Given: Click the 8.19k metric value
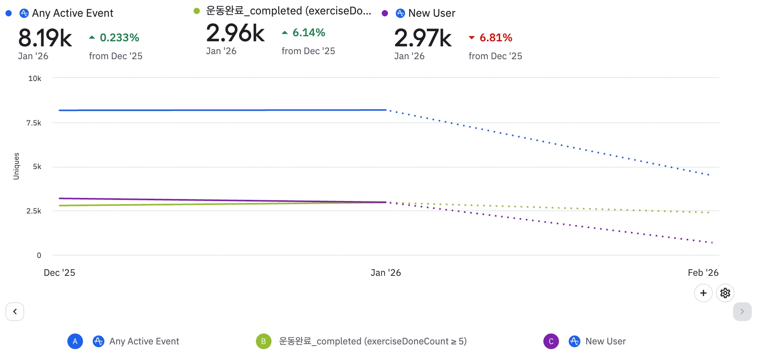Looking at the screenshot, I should (x=45, y=38).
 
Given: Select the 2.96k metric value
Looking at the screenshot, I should (x=235, y=33).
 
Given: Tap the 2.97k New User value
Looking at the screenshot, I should (x=423, y=38).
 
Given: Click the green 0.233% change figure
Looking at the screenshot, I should (x=119, y=38).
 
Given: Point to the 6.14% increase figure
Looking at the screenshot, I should (x=308, y=33).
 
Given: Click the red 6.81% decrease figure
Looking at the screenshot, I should (x=495, y=38).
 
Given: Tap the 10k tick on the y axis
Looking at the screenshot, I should (x=35, y=79).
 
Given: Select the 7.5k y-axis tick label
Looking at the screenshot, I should (x=34, y=123).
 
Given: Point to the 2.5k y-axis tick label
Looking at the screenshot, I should (x=34, y=211).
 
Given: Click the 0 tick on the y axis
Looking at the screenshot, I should (x=39, y=256).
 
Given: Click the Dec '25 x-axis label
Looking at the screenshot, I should (x=59, y=273).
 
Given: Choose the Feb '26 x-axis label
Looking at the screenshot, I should (x=703, y=273).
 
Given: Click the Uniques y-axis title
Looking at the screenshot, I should (x=16, y=166).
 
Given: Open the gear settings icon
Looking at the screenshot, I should (x=725, y=293).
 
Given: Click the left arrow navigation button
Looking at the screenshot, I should (x=15, y=312).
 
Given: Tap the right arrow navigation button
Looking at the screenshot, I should (x=742, y=312).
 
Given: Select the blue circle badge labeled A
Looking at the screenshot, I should (x=75, y=342).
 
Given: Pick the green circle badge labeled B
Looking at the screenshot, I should (x=263, y=342).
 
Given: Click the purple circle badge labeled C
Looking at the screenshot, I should (x=551, y=342).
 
